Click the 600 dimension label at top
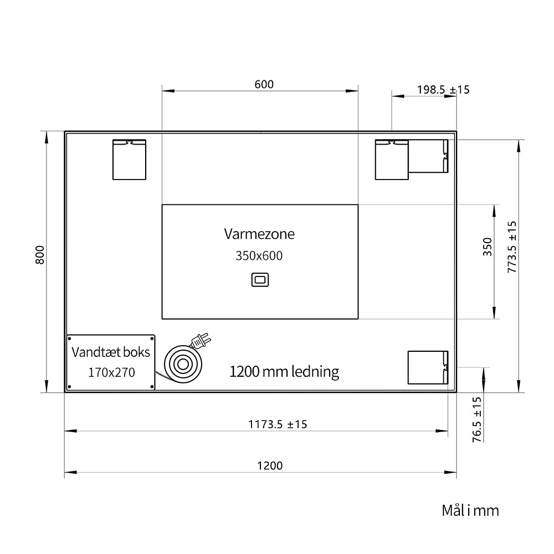click(x=264, y=84)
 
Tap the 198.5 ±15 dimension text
click(x=443, y=90)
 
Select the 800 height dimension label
click(x=40, y=255)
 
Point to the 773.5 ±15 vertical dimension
click(x=512, y=247)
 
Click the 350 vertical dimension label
click(x=487, y=247)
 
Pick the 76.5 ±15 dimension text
click(x=477, y=419)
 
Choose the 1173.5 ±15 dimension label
click(x=278, y=424)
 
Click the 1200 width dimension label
click(x=270, y=466)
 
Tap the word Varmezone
click(x=259, y=234)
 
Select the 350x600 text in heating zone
click(x=259, y=256)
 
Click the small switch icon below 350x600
click(x=260, y=280)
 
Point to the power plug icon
click(x=200, y=341)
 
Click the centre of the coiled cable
click(x=183, y=365)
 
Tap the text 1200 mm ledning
click(x=284, y=372)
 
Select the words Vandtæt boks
click(x=111, y=352)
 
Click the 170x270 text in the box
click(x=111, y=372)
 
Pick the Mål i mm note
click(x=470, y=511)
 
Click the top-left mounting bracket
click(x=129, y=160)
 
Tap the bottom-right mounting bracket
click(x=428, y=367)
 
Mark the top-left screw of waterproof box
click(x=69, y=338)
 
